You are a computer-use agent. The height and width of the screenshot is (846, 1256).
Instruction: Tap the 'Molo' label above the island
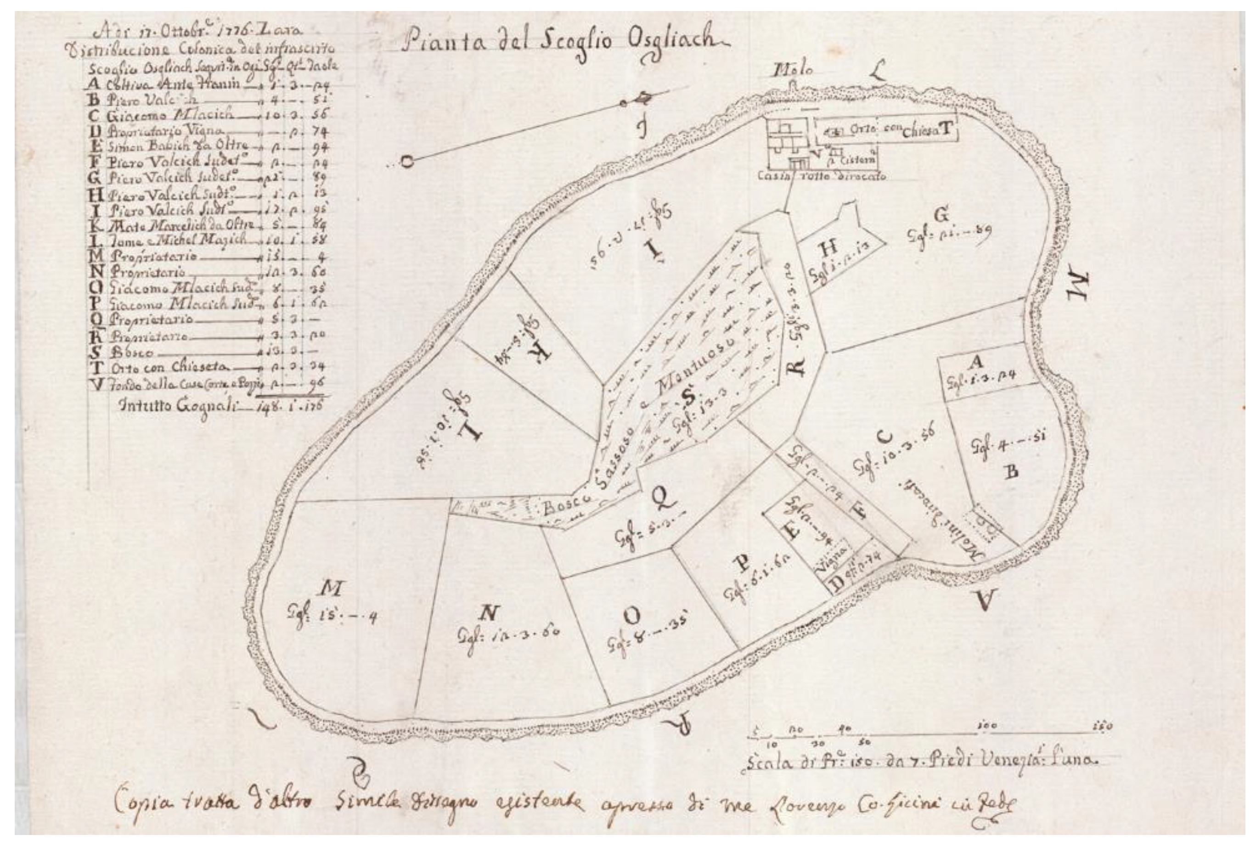[794, 70]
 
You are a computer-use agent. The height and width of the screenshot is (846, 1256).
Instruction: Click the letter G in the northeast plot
[941, 215]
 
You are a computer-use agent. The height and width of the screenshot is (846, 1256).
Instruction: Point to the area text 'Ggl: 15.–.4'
[332, 615]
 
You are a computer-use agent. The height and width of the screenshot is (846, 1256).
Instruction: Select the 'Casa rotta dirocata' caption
[821, 176]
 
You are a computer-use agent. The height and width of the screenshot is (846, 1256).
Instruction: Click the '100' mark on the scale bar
[987, 726]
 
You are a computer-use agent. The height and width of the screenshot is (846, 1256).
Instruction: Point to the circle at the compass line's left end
[407, 161]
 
